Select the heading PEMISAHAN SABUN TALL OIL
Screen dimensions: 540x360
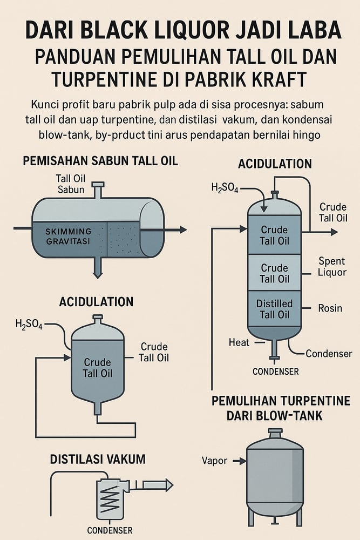coord(100,161)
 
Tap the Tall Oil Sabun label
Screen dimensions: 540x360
coord(71,184)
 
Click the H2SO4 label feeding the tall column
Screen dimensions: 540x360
coord(225,188)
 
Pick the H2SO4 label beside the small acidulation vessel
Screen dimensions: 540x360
coord(29,325)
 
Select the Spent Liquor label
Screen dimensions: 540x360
coord(332,267)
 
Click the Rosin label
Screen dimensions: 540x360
coord(330,308)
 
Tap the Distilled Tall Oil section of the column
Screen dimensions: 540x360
coord(274,309)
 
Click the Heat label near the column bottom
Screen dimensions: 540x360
coord(239,342)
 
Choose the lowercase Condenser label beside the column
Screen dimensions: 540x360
coord(329,354)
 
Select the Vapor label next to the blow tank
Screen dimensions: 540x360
coord(214,461)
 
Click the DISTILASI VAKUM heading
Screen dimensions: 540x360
coord(98,460)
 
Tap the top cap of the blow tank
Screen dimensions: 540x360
coord(275,433)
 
